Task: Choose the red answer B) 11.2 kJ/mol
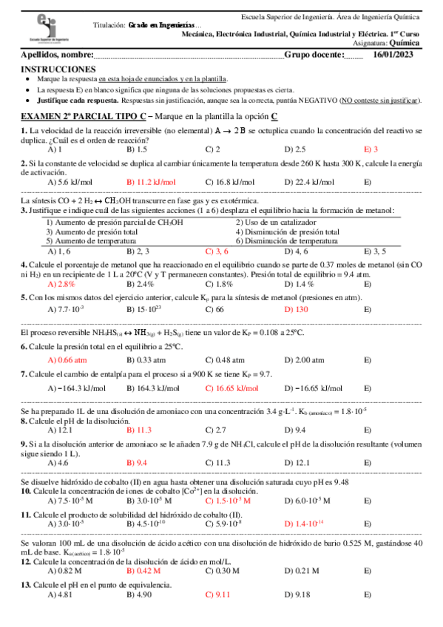(151, 182)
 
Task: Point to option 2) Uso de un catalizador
(276, 222)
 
